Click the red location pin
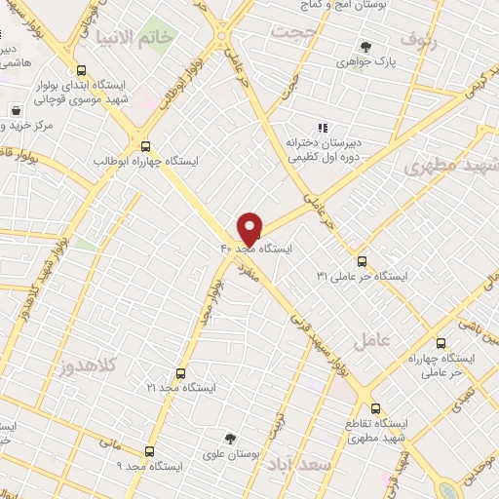tap(250, 228)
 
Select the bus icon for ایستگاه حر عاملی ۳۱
tap(362, 260)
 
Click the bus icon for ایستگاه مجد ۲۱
tap(180, 372)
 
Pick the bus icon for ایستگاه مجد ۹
tap(149, 451)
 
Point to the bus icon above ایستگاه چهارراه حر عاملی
tap(441, 343)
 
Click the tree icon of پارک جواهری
tap(365, 46)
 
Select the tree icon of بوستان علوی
tap(230, 439)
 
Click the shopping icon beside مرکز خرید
tap(17, 109)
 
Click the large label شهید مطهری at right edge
tap(452, 166)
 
